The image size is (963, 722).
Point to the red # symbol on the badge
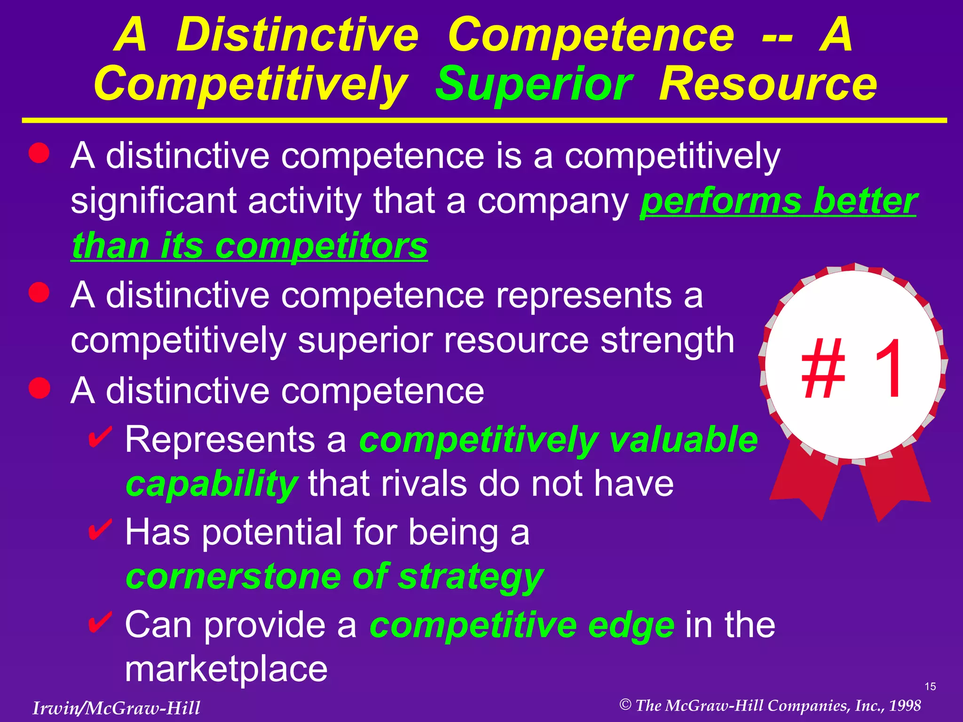(x=823, y=369)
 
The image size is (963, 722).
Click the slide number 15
(x=930, y=687)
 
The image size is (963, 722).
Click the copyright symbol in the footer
(x=625, y=705)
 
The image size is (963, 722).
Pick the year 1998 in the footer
(x=905, y=706)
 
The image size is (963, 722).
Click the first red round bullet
(x=39, y=153)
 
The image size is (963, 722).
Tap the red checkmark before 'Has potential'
(x=100, y=530)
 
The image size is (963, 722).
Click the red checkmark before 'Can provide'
(x=100, y=622)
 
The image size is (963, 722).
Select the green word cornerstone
(x=233, y=577)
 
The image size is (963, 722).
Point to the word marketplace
(x=226, y=669)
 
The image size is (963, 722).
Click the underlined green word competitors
(x=321, y=246)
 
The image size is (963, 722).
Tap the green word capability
(x=212, y=484)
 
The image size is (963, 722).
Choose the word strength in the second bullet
(x=667, y=340)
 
